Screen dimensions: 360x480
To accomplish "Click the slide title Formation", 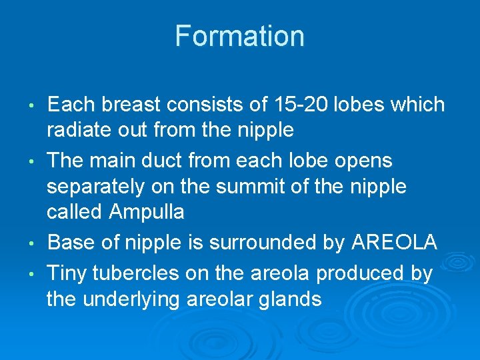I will click(239, 36).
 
